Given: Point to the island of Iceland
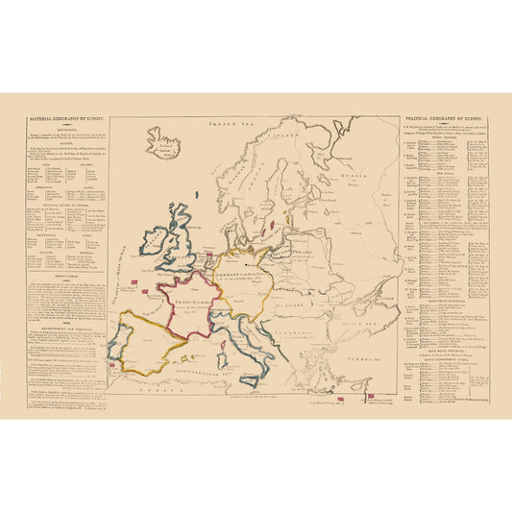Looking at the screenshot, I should click(163, 143).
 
